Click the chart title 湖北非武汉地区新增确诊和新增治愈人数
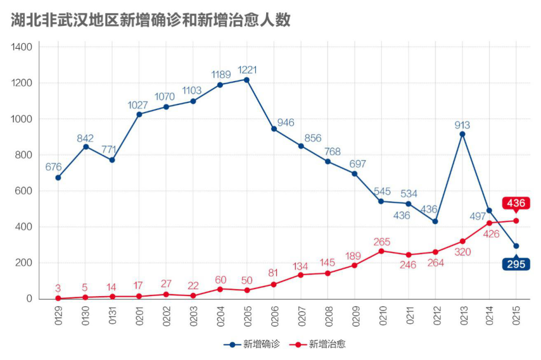click(x=151, y=20)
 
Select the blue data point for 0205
click(x=247, y=79)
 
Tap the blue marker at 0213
click(x=462, y=134)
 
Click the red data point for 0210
click(x=381, y=251)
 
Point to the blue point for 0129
click(x=58, y=177)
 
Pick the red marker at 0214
click(x=489, y=223)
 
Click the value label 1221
click(x=247, y=70)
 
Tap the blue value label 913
click(x=462, y=125)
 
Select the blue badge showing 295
click(x=516, y=264)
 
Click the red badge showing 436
click(x=516, y=203)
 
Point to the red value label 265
click(x=381, y=242)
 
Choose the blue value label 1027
click(x=138, y=105)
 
